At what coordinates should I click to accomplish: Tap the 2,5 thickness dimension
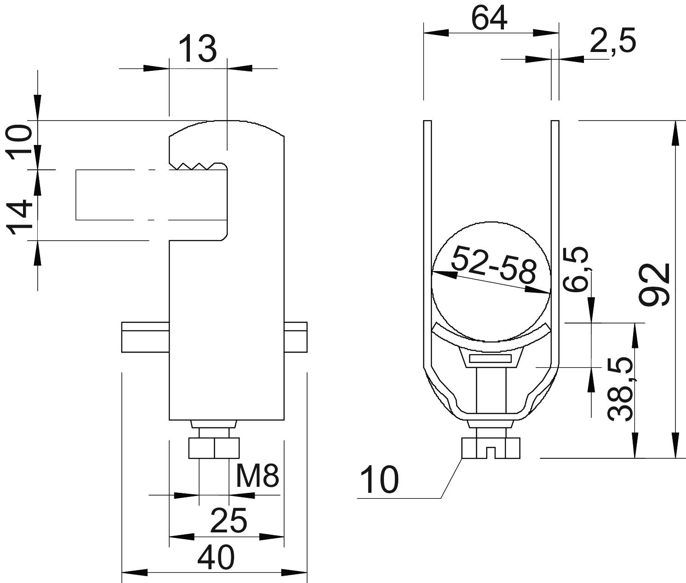point(612,40)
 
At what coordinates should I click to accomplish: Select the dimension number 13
point(198,49)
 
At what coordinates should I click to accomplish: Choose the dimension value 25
point(229,520)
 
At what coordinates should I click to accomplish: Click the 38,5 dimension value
point(619,389)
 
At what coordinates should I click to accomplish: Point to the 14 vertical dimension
point(20,217)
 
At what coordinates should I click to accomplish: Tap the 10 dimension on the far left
point(19,142)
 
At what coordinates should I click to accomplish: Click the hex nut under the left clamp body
point(214,448)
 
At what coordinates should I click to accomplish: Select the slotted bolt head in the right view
point(491,448)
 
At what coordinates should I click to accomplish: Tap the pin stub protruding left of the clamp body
point(145,337)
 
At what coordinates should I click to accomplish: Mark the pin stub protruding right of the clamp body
point(296,337)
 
